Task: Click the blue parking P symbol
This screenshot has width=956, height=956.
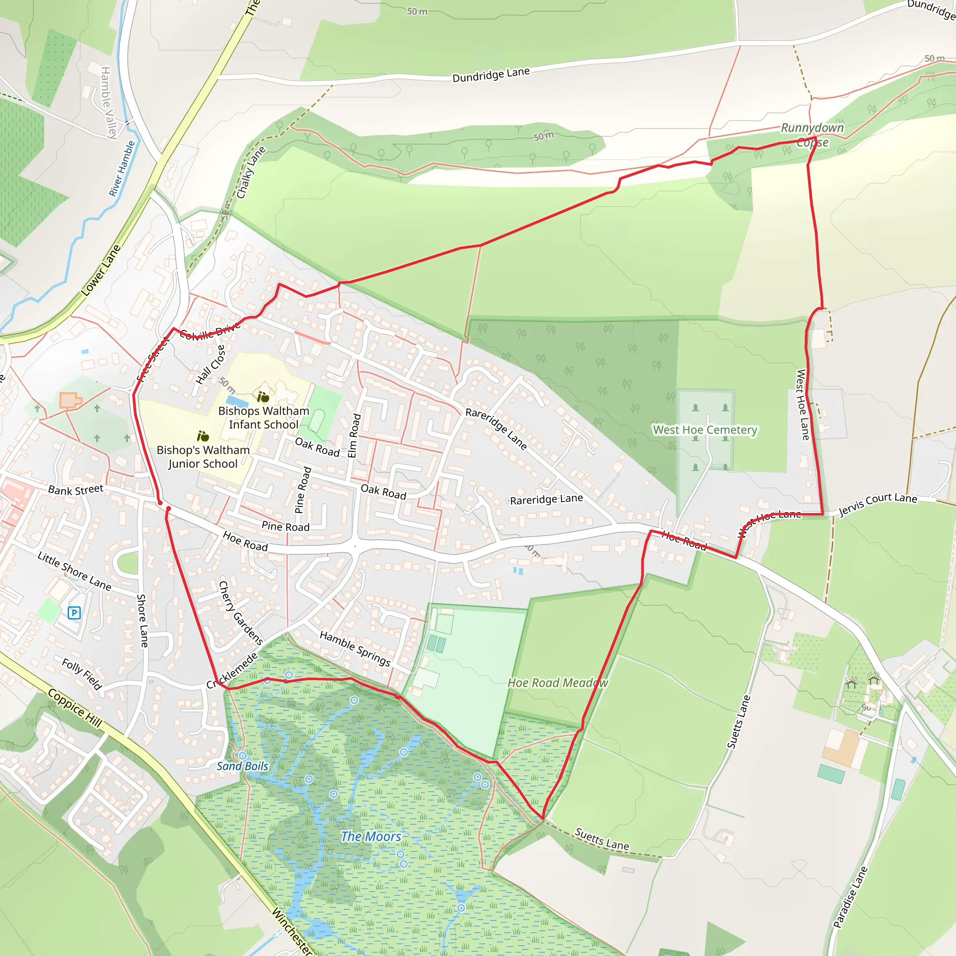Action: click(74, 613)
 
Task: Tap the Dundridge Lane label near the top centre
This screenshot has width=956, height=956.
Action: click(491, 75)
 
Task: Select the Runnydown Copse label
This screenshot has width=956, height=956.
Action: click(812, 135)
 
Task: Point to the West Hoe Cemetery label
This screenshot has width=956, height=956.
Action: click(705, 429)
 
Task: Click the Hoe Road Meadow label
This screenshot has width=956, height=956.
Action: click(558, 683)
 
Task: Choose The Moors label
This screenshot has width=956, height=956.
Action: click(371, 836)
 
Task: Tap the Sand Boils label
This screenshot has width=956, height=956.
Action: click(242, 766)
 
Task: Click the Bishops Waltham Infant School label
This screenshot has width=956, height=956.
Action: click(264, 418)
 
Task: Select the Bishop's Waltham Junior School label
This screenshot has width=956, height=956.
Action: click(203, 457)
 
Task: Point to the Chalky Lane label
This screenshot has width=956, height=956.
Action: click(251, 173)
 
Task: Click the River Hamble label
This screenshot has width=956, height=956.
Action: click(122, 169)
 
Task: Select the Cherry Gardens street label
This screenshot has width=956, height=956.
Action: click(240, 613)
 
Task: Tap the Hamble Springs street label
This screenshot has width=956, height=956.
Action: click(355, 648)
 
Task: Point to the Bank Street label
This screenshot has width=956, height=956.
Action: click(76, 490)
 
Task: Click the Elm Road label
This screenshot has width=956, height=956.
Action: click(354, 436)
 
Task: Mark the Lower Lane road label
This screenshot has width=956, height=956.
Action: click(100, 271)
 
